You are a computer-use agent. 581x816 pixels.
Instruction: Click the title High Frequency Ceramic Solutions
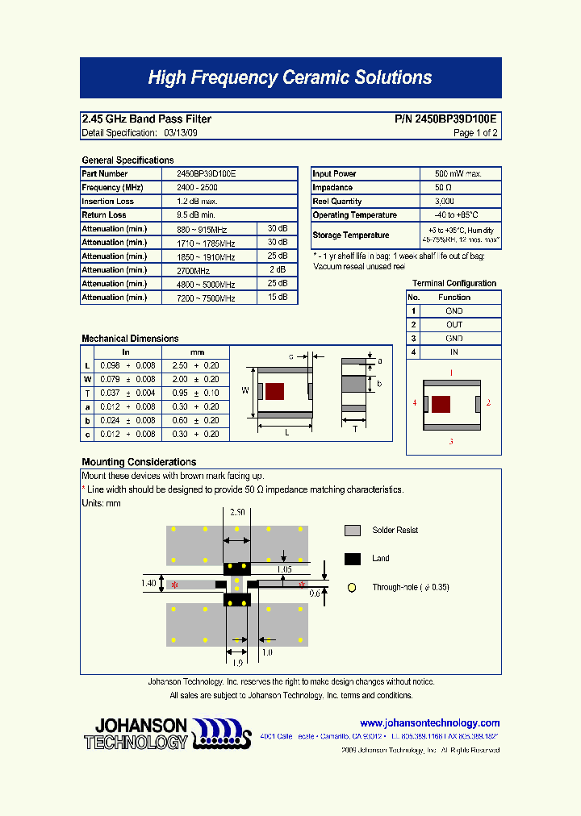coord(290,78)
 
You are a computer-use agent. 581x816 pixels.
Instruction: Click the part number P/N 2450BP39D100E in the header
coord(445,119)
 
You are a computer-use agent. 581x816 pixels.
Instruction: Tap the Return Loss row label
coord(104,215)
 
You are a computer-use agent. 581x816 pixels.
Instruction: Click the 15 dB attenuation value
coord(277,298)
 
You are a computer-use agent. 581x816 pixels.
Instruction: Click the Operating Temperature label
coord(354,215)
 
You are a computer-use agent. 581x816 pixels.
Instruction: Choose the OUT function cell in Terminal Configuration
coord(454,325)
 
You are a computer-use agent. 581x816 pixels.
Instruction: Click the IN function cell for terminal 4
coord(454,352)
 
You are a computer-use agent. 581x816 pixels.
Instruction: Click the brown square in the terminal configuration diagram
coord(441,405)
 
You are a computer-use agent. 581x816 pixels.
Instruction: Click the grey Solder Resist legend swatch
coord(352,531)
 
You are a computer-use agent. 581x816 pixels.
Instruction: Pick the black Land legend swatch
coord(352,559)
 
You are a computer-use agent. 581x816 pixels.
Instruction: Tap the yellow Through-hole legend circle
coord(352,588)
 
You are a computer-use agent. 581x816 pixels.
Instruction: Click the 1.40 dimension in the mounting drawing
coord(148,583)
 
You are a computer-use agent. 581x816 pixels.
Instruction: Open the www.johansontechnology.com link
coord(429,723)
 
